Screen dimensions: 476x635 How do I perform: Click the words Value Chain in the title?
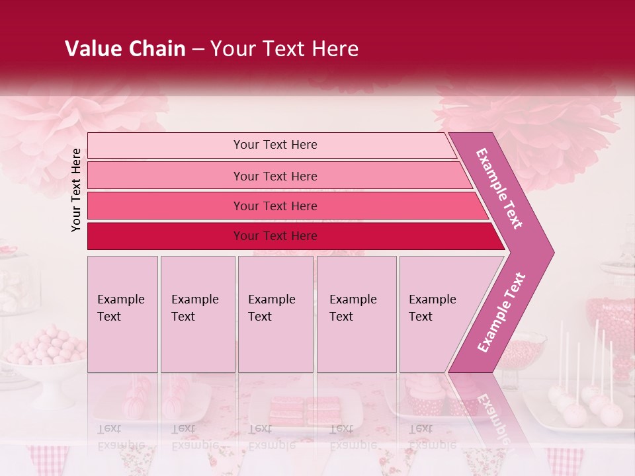point(125,49)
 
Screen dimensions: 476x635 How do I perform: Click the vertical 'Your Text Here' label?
point(76,190)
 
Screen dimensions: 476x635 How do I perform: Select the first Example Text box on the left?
point(122,314)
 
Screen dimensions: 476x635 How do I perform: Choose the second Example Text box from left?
point(197,314)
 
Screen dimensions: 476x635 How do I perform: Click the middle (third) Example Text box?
point(275,314)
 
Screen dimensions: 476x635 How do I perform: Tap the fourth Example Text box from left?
point(356,314)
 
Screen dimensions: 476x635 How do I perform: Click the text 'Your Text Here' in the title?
point(284,49)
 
